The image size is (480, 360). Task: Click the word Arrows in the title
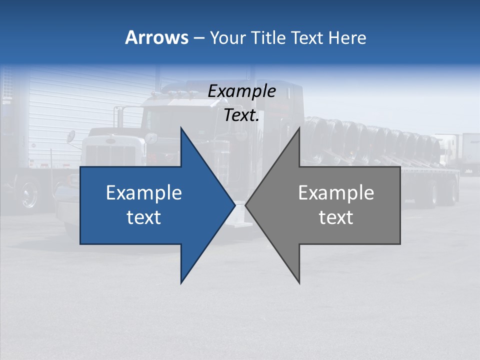tap(156, 37)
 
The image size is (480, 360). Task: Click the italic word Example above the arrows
tap(241, 91)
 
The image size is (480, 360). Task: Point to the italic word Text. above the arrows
tap(241, 115)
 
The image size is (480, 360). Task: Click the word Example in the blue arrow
tap(144, 192)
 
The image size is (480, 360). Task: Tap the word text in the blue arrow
tap(144, 217)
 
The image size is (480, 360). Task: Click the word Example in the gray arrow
tap(336, 192)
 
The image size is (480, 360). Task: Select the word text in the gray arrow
tap(336, 217)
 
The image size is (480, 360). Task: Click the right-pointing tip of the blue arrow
tap(234, 205)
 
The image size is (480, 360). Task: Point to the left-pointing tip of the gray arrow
tap(246, 205)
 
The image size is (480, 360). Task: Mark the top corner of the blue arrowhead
tap(181, 128)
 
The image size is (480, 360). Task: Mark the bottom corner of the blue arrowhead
tap(181, 283)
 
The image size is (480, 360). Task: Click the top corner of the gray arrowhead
tap(299, 128)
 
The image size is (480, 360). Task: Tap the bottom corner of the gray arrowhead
tap(299, 283)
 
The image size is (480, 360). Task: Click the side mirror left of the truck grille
tap(71, 136)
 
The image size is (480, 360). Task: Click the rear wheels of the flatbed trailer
tap(440, 192)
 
